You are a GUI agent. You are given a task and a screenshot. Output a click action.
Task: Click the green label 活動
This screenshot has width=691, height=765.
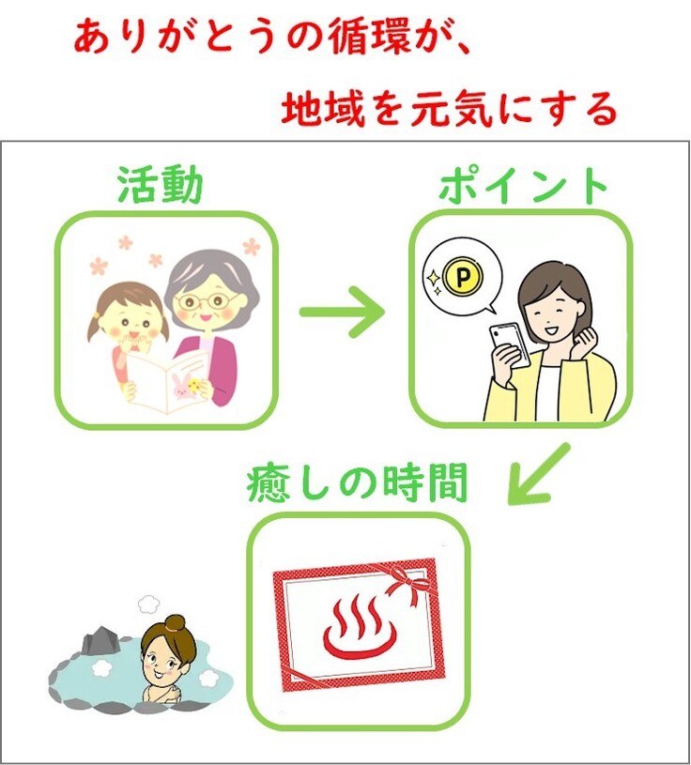(160, 186)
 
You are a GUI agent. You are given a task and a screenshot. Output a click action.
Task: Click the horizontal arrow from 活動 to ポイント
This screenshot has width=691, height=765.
(343, 312)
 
